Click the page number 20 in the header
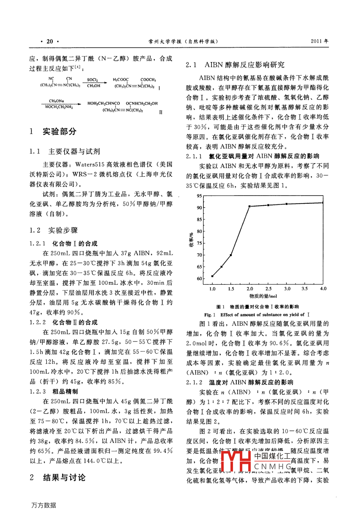click(50, 41)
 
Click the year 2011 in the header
click(316, 41)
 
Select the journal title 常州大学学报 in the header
click(165, 41)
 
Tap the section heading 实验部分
click(59, 131)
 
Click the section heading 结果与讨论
click(64, 477)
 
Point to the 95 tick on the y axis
click(199, 196)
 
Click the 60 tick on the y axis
click(199, 278)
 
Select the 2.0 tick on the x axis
click(250, 289)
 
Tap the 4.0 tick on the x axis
click(323, 289)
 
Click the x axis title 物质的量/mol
click(263, 296)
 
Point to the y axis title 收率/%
click(191, 240)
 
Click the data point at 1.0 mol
click(212, 276)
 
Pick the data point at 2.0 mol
click(250, 206)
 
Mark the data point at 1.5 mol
click(231, 255)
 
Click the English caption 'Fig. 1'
click(210, 315)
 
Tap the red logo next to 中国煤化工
click(236, 460)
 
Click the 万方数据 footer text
click(43, 505)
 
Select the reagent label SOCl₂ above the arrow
click(92, 80)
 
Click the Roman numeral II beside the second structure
click(161, 112)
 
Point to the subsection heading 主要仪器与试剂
click(74, 151)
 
